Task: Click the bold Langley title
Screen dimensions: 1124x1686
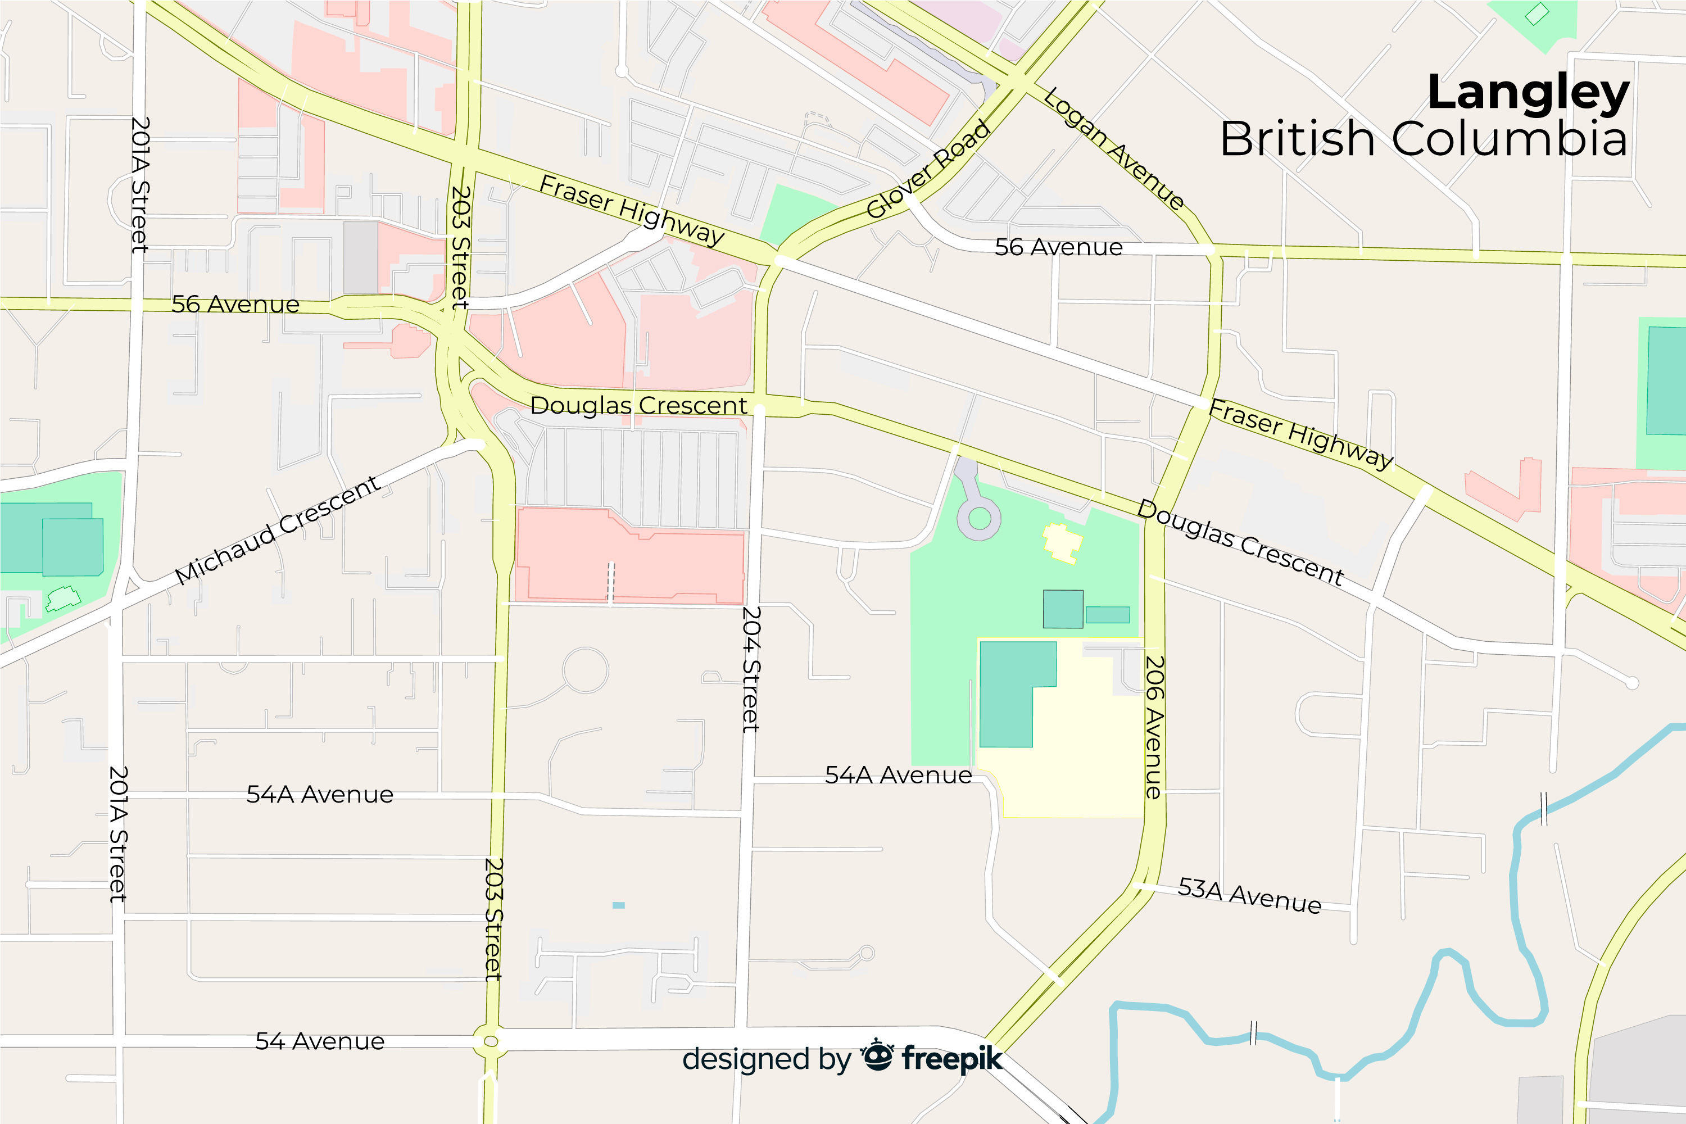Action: click(1528, 93)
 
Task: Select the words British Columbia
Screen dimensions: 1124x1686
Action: click(1424, 138)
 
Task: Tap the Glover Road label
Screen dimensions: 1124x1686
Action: click(928, 169)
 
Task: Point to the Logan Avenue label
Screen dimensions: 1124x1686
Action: click(1113, 148)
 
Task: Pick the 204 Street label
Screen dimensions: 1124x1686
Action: click(750, 669)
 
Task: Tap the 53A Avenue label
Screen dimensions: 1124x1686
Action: click(1249, 895)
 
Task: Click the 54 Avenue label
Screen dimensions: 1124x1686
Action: click(320, 1041)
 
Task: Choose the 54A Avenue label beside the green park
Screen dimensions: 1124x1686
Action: click(898, 775)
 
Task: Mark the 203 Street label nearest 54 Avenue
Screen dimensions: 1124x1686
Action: click(494, 918)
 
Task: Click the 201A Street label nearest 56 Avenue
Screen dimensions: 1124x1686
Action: click(140, 185)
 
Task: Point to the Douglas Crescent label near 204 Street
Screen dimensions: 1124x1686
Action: click(638, 405)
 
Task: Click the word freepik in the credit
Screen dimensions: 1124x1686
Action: click(951, 1058)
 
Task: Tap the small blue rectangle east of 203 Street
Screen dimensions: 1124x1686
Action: click(619, 905)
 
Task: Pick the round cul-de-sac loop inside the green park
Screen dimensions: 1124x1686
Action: click(979, 518)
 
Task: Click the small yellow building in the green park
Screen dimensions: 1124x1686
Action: click(1062, 543)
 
